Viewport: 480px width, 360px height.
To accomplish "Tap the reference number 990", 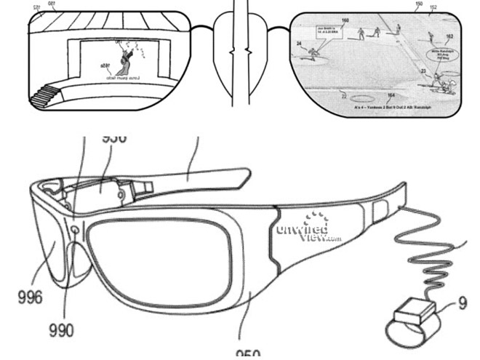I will [61, 330].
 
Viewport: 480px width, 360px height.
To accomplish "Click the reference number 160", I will [345, 20].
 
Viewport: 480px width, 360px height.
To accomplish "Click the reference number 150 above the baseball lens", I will [418, 4].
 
